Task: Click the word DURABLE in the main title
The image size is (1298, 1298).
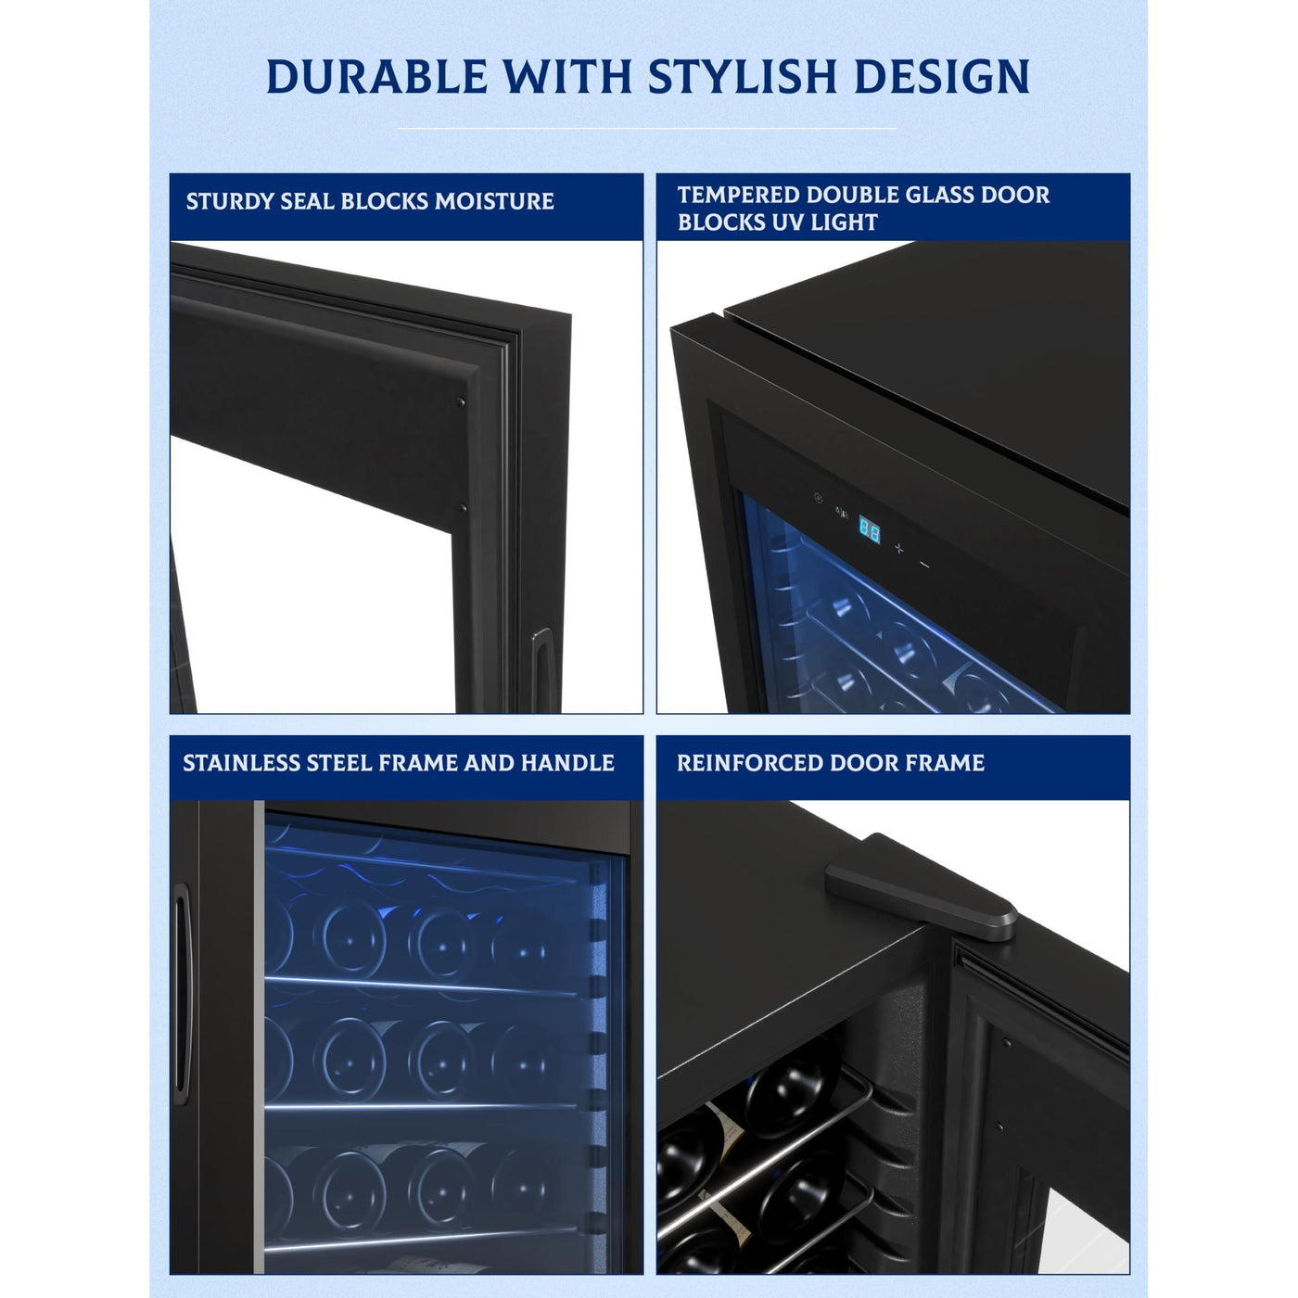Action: point(376,76)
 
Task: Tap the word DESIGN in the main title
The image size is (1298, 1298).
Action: point(942,76)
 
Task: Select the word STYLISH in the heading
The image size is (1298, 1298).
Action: point(743,76)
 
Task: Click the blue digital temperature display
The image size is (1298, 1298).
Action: point(869,529)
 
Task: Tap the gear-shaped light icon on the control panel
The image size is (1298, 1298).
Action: point(819,499)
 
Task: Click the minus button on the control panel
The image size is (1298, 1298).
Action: point(925,565)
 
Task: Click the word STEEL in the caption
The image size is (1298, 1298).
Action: point(338,762)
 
